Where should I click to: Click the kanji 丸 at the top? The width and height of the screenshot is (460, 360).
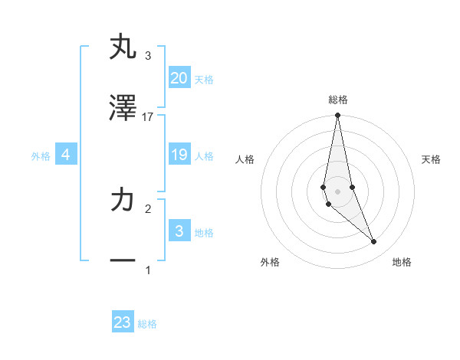[x=123, y=47]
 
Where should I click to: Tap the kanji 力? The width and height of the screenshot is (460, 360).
[x=123, y=200]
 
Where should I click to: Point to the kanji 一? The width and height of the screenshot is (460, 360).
[x=123, y=261]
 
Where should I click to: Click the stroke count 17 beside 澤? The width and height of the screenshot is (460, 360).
[x=148, y=116]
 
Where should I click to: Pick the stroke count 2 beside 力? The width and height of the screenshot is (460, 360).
[x=148, y=208]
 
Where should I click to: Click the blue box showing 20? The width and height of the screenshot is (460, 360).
[x=179, y=77]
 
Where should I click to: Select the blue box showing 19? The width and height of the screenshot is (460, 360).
[x=179, y=155]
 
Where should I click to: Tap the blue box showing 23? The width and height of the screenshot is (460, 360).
[x=123, y=322]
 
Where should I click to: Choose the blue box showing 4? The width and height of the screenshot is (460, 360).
[x=66, y=155]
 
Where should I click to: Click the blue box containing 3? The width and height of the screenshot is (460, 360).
[x=179, y=231]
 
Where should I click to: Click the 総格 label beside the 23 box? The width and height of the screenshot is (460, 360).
[x=147, y=324]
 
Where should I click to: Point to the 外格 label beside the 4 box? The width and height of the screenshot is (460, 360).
[x=41, y=155]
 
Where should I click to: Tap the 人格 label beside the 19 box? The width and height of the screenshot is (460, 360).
[x=204, y=155]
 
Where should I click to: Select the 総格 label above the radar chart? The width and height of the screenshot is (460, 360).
[x=337, y=100]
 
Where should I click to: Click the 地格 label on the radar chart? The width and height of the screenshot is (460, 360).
[x=402, y=262]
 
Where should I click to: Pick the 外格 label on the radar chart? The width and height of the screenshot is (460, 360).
[x=270, y=262]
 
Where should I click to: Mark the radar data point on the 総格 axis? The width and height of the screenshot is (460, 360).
[x=337, y=116]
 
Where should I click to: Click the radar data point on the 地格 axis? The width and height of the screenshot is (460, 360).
[x=374, y=241]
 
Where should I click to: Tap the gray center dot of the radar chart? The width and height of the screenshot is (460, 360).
[x=337, y=191]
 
